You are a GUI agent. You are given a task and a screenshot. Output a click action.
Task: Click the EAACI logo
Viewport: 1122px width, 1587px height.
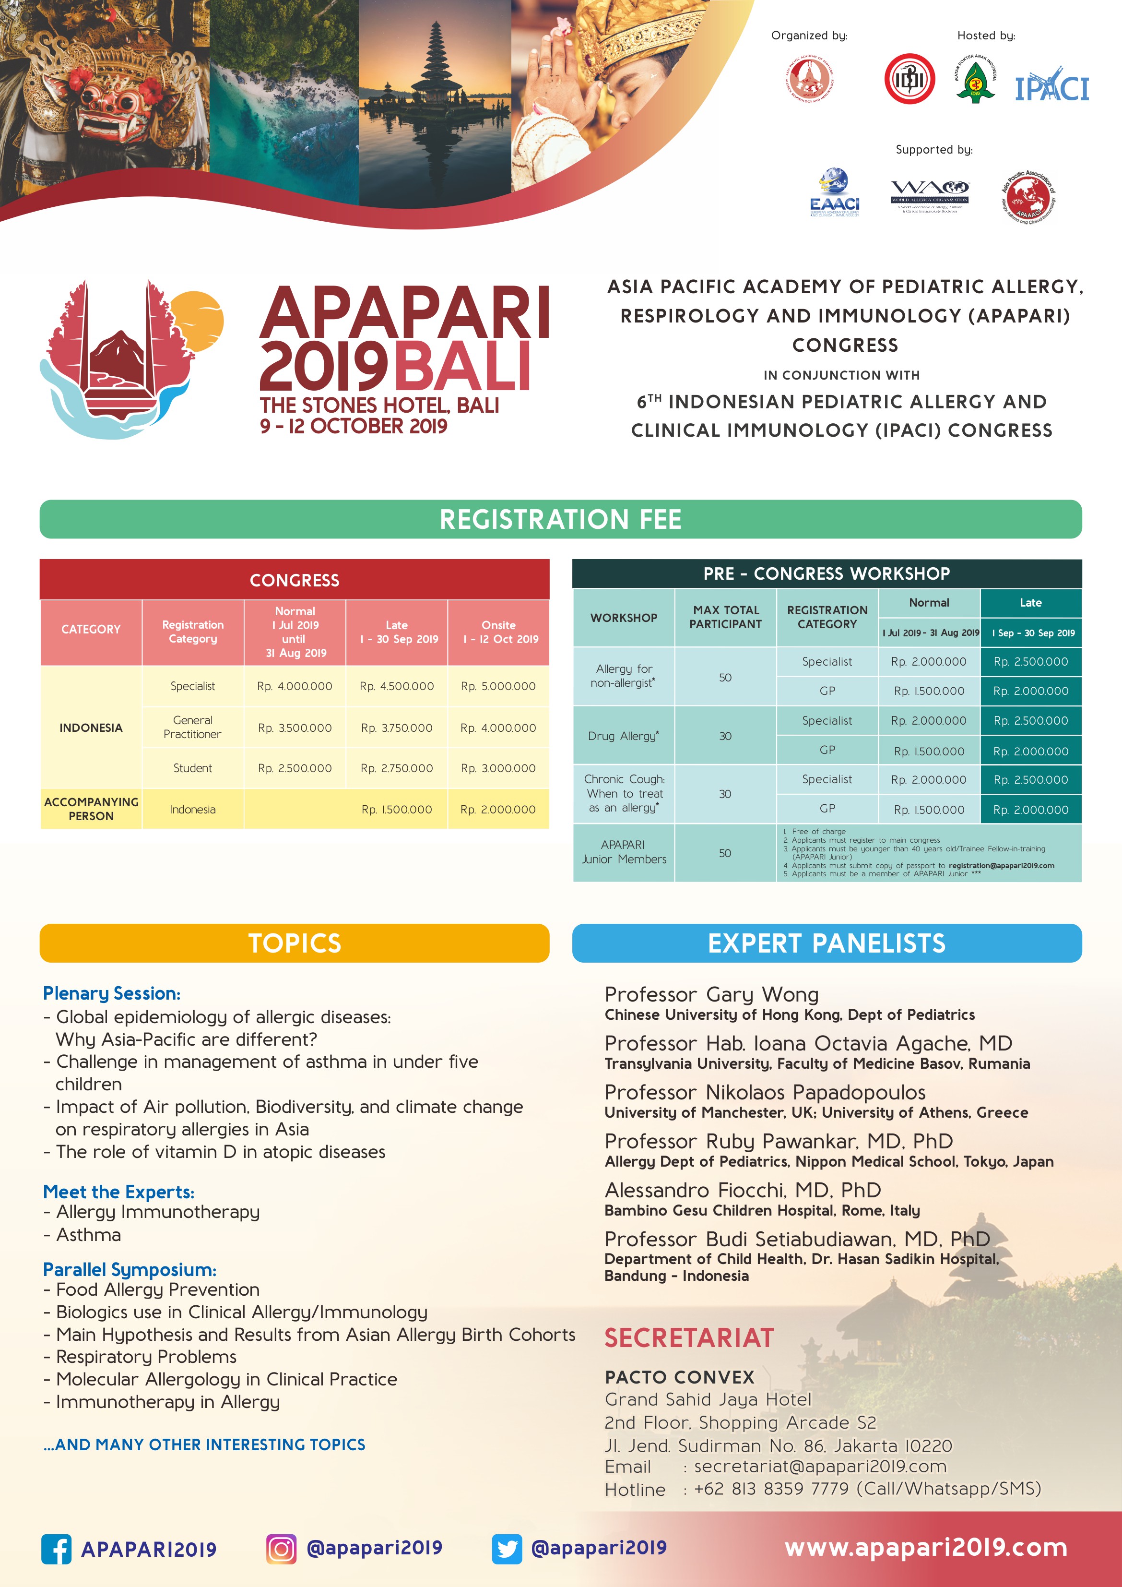835,193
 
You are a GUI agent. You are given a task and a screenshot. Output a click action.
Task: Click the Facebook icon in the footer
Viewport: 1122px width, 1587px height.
57,1549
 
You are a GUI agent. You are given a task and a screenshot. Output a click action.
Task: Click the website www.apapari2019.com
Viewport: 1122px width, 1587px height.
926,1547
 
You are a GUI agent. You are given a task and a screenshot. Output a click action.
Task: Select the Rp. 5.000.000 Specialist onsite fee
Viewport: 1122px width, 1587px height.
498,686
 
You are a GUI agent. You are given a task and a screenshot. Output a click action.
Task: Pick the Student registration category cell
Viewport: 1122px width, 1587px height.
193,768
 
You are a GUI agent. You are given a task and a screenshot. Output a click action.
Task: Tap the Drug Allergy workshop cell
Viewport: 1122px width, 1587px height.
623,736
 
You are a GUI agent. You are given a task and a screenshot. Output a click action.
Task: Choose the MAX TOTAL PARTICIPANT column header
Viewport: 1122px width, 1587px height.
725,617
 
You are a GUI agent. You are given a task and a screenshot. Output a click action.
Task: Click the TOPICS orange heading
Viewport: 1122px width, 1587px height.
295,943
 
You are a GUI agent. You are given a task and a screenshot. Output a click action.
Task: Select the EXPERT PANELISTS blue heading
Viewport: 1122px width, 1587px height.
827,943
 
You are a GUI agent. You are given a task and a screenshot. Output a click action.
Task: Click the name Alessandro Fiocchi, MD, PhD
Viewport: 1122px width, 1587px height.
743,1190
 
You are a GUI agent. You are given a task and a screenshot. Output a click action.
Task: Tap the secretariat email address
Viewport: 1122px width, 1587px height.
820,1467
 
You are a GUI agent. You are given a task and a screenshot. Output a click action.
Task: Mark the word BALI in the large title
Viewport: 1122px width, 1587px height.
462,366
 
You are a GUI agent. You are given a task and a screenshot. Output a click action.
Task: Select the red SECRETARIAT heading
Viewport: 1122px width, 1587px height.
689,1337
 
